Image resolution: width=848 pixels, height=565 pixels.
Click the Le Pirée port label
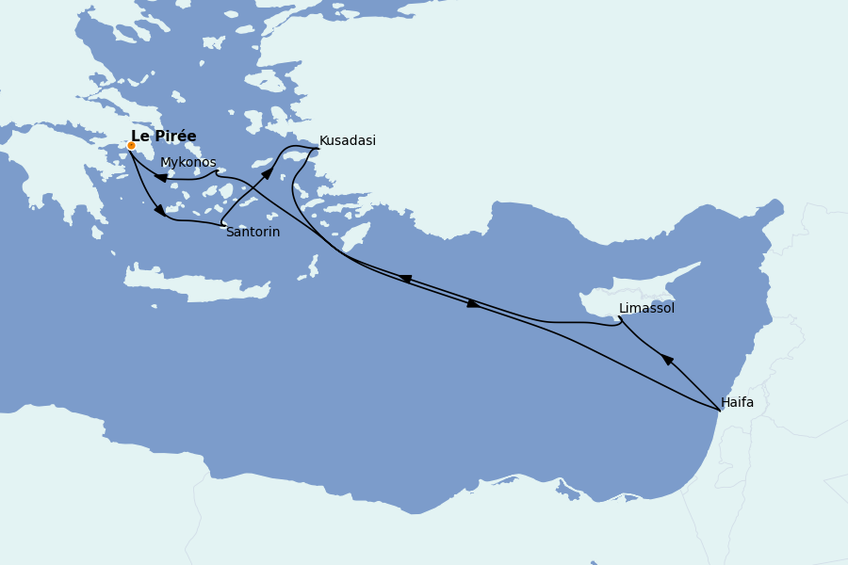163,137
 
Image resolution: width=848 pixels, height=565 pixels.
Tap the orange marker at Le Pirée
131,146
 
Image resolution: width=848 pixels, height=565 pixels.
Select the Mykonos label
188,163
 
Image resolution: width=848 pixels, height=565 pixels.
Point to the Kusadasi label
347,141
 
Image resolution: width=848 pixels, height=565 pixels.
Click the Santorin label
253,233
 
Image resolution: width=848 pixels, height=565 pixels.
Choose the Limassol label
646,309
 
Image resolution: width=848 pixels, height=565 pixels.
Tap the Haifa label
737,403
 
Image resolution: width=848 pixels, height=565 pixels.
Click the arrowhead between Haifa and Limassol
667,359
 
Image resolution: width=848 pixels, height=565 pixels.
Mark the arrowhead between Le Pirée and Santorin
160,210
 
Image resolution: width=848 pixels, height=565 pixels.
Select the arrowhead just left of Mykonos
161,177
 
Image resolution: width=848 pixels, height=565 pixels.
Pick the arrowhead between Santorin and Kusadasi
268,173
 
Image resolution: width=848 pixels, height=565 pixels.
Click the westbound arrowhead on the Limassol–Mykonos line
406,279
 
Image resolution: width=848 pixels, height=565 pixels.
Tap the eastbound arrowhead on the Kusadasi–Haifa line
473,303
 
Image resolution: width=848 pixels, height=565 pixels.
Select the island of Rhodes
355,236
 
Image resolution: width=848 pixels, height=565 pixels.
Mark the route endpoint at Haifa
720,411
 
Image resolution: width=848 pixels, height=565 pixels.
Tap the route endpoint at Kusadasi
318,148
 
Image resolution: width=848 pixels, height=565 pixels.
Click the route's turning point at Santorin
223,224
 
